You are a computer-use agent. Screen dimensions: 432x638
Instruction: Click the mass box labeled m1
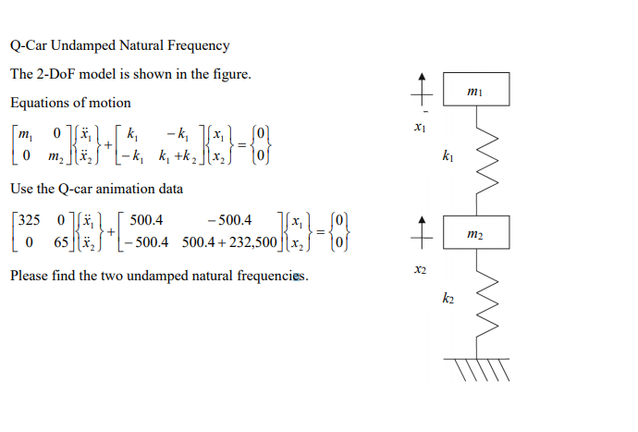[x=474, y=90]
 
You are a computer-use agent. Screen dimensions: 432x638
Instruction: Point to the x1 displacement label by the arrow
[x=421, y=125]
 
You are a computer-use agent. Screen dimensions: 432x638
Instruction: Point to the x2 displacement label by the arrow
[x=421, y=269]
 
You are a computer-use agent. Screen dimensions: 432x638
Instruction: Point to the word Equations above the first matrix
[x=39, y=103]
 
